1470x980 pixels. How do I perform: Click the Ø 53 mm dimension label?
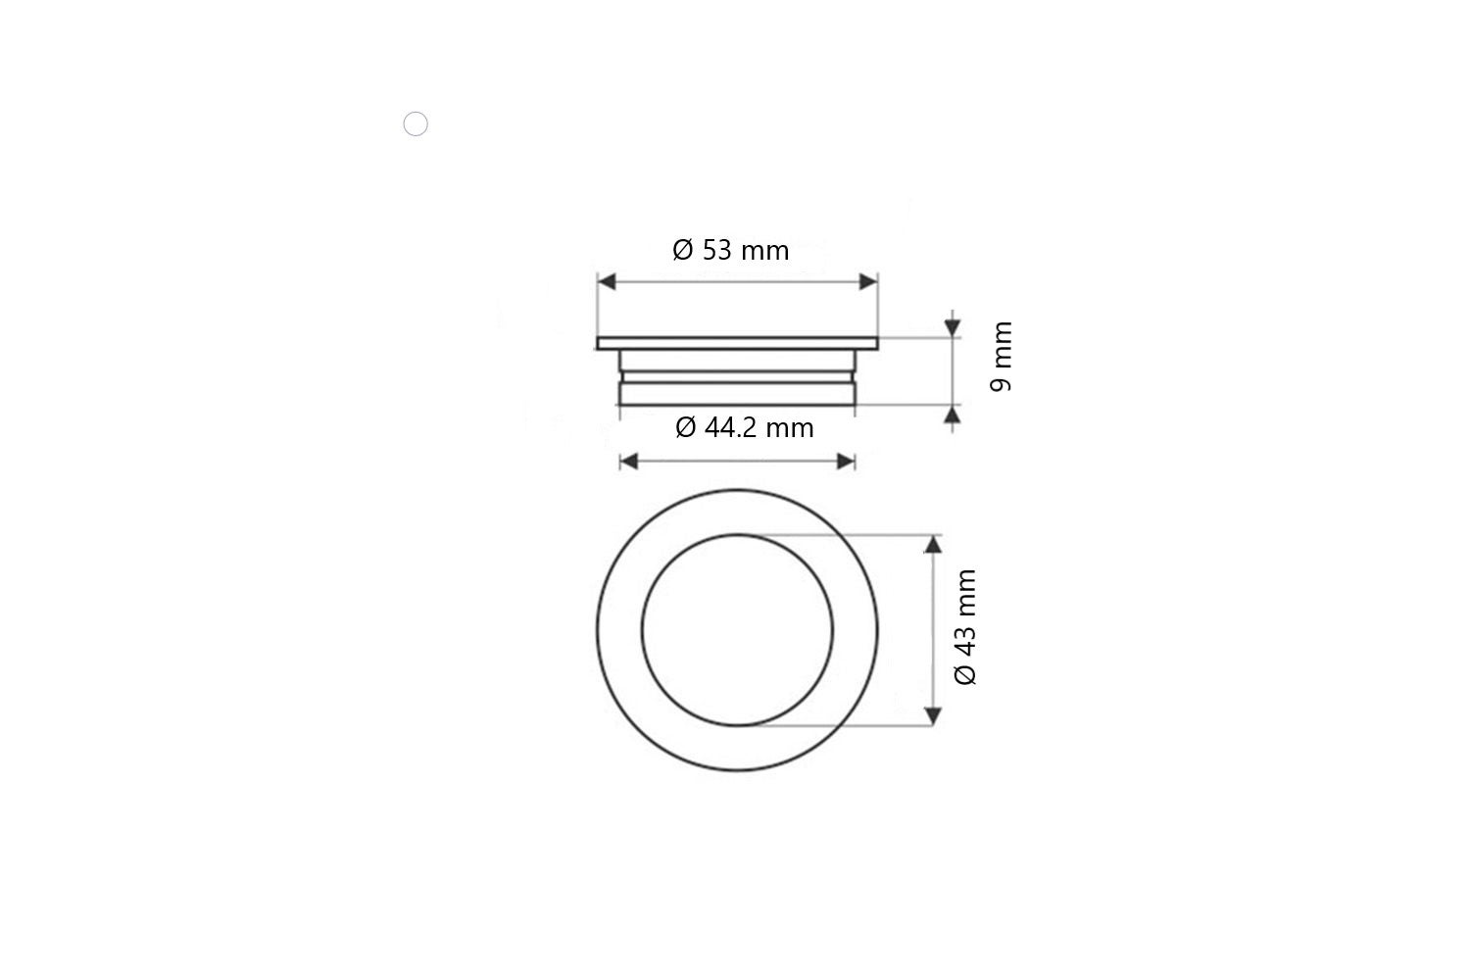[x=730, y=250]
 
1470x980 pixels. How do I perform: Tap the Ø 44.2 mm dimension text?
[x=744, y=427]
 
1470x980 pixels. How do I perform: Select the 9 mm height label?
[x=1001, y=356]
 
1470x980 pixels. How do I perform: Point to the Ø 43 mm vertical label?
[x=965, y=627]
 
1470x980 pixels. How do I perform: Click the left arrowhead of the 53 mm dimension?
[x=608, y=282]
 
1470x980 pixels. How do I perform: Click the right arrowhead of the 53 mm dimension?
[x=867, y=282]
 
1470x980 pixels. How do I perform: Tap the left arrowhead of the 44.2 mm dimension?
[x=629, y=461]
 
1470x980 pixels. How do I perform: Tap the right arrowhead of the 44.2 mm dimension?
[x=846, y=461]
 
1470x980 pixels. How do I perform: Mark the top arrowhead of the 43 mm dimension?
[x=933, y=545]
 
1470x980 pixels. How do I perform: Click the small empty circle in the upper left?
[x=416, y=124]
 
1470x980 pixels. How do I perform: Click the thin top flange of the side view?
[x=737, y=343]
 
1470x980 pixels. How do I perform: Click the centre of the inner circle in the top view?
[x=737, y=630]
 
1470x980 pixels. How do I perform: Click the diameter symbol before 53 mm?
[x=683, y=250]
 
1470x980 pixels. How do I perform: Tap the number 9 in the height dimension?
[x=1001, y=383]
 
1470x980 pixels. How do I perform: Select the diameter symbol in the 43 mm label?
[x=965, y=674]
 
